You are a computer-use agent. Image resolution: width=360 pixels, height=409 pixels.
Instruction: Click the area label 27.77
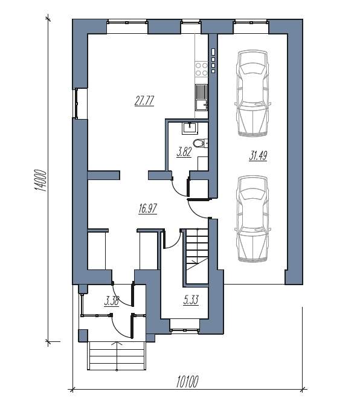point(144,101)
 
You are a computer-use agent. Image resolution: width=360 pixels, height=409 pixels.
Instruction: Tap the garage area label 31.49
point(258,156)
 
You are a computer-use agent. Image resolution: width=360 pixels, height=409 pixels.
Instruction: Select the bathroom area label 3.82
point(184,152)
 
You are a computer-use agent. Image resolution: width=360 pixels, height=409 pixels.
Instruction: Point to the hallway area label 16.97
point(148,208)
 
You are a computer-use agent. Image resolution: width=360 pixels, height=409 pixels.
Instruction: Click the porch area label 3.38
point(112,301)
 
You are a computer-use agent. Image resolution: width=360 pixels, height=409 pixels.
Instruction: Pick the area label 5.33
point(191,300)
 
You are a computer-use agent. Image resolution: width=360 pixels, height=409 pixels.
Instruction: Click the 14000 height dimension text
point(40,181)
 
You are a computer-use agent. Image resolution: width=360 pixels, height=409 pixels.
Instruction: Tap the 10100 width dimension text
point(187,381)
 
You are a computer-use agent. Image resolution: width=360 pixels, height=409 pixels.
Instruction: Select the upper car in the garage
point(252,93)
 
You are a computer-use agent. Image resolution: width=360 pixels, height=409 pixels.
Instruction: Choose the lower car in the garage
point(252,219)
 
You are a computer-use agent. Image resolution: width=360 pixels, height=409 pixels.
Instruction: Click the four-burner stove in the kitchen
point(201,69)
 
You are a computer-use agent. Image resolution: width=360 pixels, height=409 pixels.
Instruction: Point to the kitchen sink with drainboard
point(201,97)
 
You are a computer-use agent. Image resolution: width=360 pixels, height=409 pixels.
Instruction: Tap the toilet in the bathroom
point(200,143)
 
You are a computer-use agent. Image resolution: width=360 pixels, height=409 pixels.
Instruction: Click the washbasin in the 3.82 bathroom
point(190,128)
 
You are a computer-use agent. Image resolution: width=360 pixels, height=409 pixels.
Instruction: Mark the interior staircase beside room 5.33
point(198,256)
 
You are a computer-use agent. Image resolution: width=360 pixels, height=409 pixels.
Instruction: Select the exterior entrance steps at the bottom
point(117,356)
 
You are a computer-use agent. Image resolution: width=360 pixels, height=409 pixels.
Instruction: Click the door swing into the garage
point(199,209)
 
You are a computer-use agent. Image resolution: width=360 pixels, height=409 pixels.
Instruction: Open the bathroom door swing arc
point(179,187)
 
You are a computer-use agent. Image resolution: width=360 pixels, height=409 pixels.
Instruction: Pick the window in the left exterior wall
point(77,103)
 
